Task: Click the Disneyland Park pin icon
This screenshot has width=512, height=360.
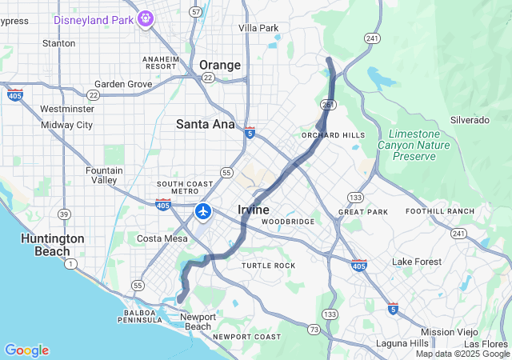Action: pos(145,18)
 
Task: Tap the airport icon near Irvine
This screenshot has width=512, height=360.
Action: pos(203,212)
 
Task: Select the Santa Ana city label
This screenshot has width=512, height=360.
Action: pos(206,124)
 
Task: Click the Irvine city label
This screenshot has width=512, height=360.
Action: pos(254,210)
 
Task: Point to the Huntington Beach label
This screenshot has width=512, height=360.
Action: pos(53,245)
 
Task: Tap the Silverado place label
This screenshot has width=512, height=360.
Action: pos(469,119)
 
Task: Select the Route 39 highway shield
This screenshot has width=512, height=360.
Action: pos(63,214)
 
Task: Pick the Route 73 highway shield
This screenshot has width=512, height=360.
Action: pos(314,330)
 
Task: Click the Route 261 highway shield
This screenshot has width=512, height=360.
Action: pos(327,104)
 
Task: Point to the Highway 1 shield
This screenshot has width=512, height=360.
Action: pos(71,264)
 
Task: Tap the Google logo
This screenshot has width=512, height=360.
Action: pos(26,350)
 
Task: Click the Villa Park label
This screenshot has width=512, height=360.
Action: pos(258,28)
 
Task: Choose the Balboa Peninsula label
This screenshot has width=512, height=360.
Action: pos(142,316)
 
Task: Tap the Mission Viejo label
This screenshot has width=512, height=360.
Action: pos(448,332)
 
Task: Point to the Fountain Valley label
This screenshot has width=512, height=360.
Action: pos(104,175)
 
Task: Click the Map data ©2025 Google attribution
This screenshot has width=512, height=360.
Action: pos(462,354)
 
